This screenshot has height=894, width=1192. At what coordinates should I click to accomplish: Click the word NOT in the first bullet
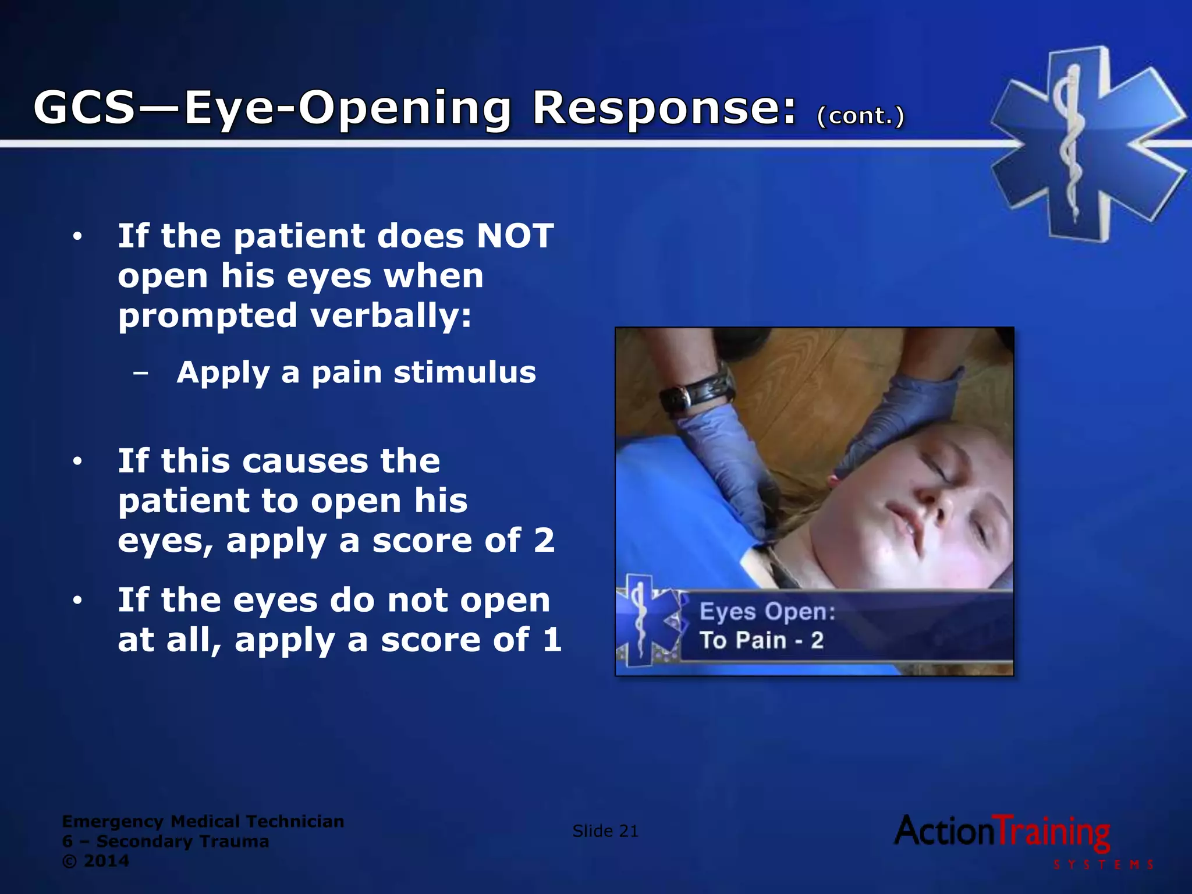click(x=515, y=236)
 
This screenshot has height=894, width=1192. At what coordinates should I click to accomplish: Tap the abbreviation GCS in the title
click(x=85, y=108)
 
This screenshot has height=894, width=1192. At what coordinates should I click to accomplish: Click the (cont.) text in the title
click(x=861, y=116)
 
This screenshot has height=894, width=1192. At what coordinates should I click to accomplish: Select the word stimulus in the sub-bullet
click(x=464, y=372)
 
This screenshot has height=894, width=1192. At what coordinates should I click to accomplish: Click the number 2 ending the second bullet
click(x=544, y=540)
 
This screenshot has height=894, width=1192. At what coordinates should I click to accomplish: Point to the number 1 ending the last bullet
click(x=551, y=640)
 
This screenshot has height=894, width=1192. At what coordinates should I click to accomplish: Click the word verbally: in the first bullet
click(x=391, y=316)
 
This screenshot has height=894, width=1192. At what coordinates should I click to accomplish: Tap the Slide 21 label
click(x=605, y=831)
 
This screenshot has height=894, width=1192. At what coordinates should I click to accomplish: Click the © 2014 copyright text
click(x=96, y=861)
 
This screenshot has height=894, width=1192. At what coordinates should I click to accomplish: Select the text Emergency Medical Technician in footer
click(x=203, y=821)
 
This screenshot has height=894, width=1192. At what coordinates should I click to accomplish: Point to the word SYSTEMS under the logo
click(x=1104, y=865)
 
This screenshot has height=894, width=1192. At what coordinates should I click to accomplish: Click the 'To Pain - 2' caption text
click(x=761, y=641)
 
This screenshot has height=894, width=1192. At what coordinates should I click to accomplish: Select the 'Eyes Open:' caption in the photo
click(x=767, y=612)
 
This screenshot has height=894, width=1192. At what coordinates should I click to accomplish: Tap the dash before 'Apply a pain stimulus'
click(x=140, y=373)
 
